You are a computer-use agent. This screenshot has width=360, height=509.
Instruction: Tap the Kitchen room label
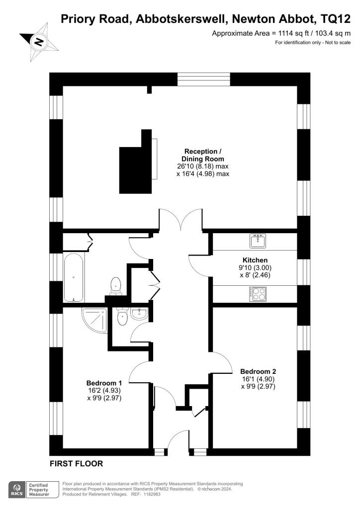click(255, 260)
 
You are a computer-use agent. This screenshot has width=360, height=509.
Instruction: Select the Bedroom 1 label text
click(104, 383)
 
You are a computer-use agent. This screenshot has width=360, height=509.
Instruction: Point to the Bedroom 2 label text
click(258, 371)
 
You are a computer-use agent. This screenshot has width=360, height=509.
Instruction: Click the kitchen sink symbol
click(258, 241)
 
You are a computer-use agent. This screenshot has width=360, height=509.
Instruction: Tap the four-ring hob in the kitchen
click(258, 294)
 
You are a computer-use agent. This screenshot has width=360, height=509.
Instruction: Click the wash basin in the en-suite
click(140, 314)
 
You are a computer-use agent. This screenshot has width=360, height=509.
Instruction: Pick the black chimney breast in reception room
click(135, 164)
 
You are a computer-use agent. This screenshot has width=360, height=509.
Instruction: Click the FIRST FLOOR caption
click(77, 463)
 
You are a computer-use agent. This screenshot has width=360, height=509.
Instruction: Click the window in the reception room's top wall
click(204, 80)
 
